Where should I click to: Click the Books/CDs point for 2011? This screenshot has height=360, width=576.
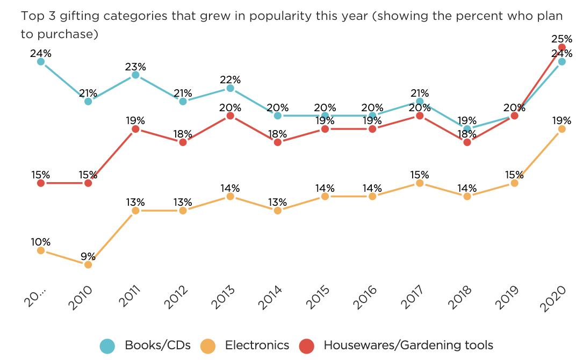click(135, 75)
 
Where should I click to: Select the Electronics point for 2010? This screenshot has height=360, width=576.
click(88, 264)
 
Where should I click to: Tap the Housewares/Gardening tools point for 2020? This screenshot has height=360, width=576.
click(562, 47)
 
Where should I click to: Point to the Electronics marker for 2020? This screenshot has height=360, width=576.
click(562, 129)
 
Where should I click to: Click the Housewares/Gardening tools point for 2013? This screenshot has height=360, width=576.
click(230, 116)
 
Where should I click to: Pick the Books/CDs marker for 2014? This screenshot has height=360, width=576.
click(278, 116)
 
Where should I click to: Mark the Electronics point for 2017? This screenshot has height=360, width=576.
click(420, 183)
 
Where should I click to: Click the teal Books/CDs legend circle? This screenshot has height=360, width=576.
click(107, 346)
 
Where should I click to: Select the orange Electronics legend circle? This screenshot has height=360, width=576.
click(208, 346)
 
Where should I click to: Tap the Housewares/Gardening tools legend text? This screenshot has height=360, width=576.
click(408, 345)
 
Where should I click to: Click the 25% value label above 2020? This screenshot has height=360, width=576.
click(561, 39)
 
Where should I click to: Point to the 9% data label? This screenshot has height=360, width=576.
click(88, 256)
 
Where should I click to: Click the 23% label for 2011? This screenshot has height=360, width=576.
click(135, 67)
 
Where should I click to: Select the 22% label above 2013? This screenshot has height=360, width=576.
click(230, 80)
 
